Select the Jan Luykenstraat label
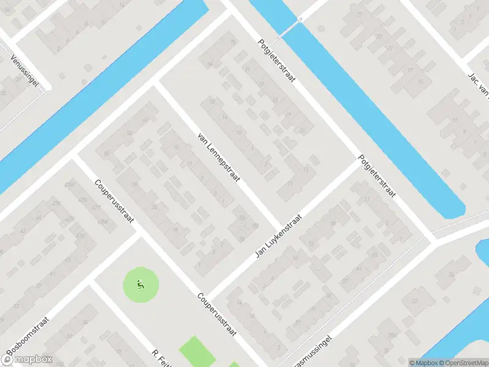click(x=279, y=237)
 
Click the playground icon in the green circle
click(x=141, y=284)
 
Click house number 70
click(x=232, y=42)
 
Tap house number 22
click(x=414, y=300)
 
